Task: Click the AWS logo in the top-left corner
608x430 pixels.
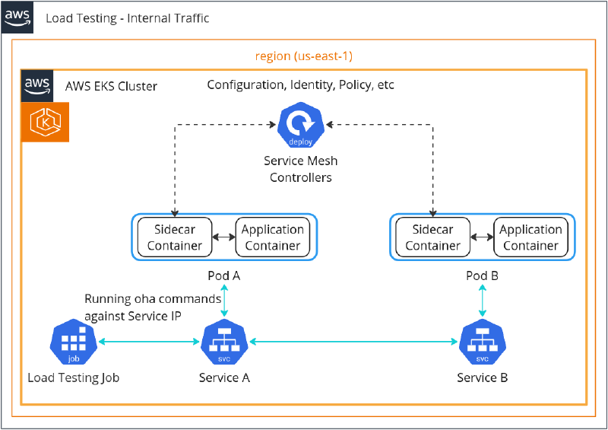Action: coord(17,17)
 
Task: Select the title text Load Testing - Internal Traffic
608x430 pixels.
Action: coord(127,18)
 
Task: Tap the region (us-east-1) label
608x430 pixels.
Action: coord(303,56)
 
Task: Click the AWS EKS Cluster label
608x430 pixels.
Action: coord(112,86)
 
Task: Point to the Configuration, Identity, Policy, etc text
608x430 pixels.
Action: coord(301,84)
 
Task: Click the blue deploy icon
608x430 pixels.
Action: coord(300,127)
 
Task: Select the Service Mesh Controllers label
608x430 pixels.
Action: coord(300,169)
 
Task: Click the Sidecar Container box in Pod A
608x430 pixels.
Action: coord(175,237)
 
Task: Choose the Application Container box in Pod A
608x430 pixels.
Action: coord(273,237)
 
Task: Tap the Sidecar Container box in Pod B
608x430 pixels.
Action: coord(432,237)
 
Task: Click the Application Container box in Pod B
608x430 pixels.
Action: coord(530,237)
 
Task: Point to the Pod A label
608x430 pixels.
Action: coord(224,276)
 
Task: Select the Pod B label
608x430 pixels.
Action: coord(482,276)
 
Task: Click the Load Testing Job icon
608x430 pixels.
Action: coord(73,343)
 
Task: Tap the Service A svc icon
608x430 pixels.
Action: coord(224,343)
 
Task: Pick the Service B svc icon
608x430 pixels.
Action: coord(482,343)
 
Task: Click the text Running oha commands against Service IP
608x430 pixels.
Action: coord(153,307)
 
